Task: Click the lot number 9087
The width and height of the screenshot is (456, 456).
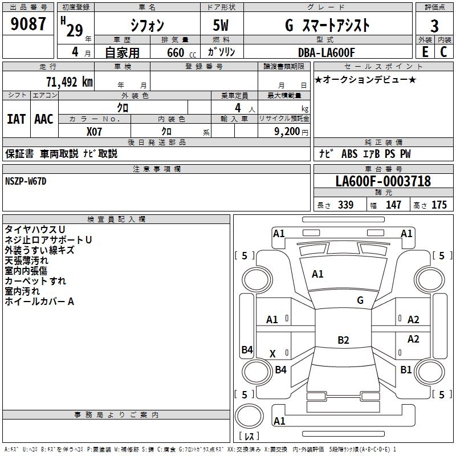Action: click(28, 25)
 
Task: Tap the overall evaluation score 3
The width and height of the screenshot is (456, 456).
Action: click(434, 26)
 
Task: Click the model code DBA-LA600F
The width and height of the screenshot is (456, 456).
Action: click(327, 52)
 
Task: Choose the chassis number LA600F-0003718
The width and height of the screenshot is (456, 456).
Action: click(383, 182)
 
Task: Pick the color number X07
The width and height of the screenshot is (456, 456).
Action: click(95, 131)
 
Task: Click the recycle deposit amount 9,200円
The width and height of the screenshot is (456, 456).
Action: click(291, 131)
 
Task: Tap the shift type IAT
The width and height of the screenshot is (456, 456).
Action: click(16, 119)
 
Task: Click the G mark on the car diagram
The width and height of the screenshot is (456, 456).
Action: click(360, 300)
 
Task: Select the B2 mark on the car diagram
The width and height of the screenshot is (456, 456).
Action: click(343, 340)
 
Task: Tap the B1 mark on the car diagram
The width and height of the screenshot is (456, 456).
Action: click(406, 369)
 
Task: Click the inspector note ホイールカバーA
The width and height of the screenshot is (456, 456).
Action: click(39, 302)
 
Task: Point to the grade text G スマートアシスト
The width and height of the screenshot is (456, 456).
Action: click(327, 25)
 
